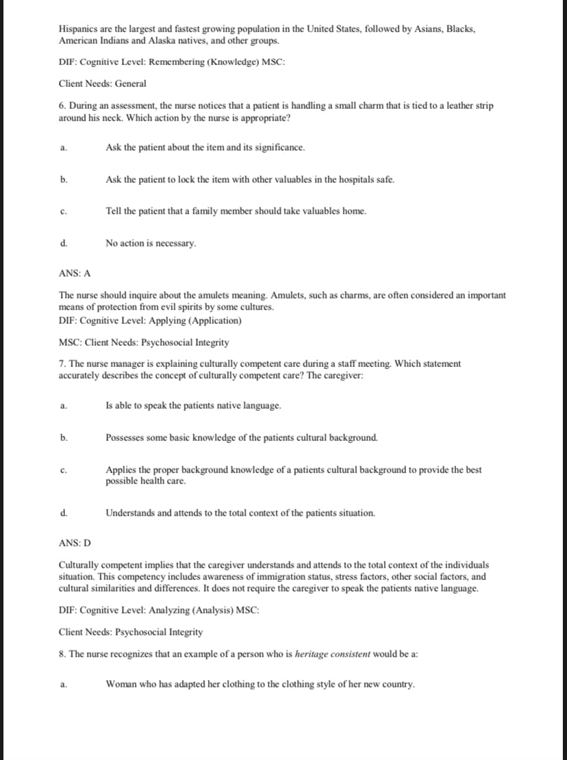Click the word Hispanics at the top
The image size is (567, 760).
point(79,30)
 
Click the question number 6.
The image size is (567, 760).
point(62,106)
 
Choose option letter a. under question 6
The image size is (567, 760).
point(63,148)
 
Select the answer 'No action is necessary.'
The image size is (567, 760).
point(151,243)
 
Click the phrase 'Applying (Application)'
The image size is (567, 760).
point(199,320)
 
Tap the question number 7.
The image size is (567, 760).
point(62,364)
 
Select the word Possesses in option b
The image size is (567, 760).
point(127,437)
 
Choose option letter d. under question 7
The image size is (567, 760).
point(63,513)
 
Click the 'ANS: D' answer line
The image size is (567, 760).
point(75,543)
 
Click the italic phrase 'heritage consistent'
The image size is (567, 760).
point(332,654)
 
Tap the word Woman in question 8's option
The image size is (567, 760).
point(122,684)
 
